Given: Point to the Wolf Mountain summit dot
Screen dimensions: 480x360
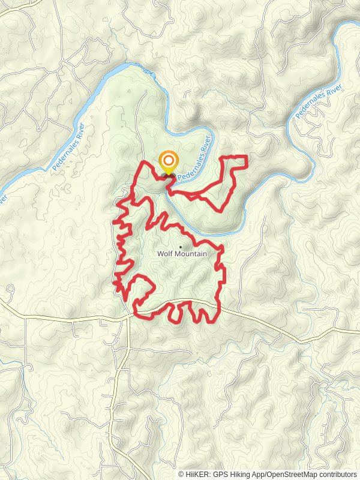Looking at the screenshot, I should (181, 246).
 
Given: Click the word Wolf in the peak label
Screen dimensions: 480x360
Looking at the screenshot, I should (165, 254).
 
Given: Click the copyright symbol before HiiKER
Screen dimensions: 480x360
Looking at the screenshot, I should (181, 474).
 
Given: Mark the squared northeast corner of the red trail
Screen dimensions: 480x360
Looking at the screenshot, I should (247, 157).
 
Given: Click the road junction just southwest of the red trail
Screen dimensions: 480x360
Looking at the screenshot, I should (128, 317).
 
